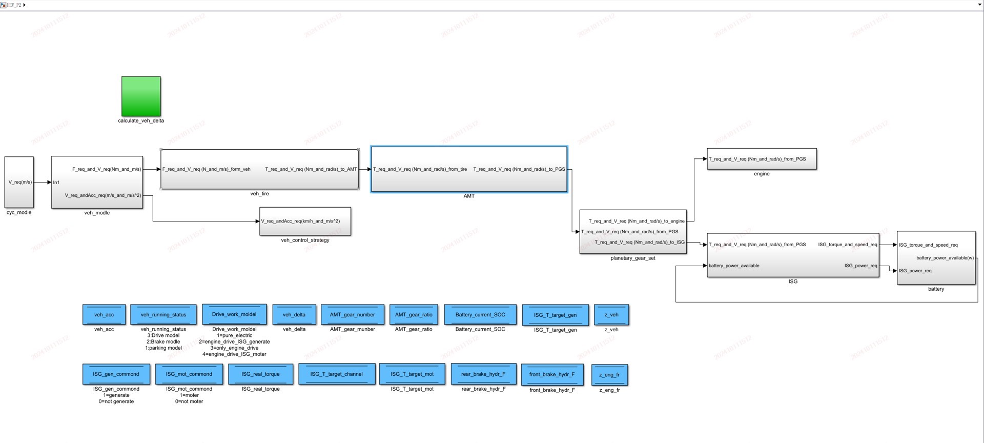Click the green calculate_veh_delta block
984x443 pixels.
pos(141,96)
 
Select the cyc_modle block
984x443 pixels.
pos(19,182)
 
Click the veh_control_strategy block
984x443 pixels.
pos(305,221)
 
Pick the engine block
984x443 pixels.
pos(762,159)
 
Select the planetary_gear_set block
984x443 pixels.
pos(633,232)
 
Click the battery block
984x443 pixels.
pos(936,258)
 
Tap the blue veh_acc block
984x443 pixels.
pos(104,315)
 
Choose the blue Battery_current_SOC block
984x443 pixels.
pos(480,315)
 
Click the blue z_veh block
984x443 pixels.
pos(611,315)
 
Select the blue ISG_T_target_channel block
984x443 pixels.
pos(336,374)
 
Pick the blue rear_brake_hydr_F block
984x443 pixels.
pos(483,374)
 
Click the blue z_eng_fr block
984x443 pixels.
pos(609,375)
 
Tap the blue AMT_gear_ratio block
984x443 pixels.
pos(414,315)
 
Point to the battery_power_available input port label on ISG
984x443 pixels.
pos(734,266)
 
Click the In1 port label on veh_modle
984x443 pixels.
pos(56,183)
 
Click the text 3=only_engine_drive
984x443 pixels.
pos(234,348)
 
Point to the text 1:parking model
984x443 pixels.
pos(163,348)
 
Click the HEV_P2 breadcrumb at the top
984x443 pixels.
pos(14,5)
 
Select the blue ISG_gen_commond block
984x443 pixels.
pos(116,374)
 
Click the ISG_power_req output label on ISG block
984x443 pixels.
pos(860,266)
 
